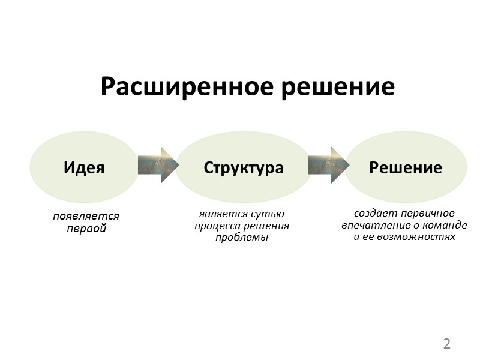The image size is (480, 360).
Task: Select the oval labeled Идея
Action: [84, 167]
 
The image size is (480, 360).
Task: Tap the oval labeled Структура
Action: [243, 167]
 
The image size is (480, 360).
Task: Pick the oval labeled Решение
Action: [406, 167]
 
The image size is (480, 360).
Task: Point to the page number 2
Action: [446, 344]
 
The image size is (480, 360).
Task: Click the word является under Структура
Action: [221, 214]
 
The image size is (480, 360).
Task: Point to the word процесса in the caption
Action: [217, 226]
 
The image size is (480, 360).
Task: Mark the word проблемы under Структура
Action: [242, 237]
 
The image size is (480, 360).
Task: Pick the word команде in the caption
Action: [444, 225]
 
